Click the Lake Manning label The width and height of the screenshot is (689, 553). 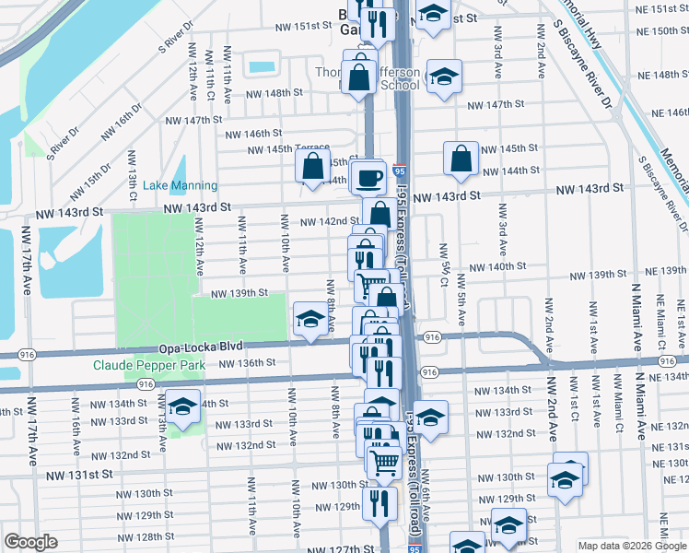pyautogui.click(x=181, y=185)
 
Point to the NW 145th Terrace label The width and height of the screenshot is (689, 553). pyautogui.click(x=289, y=149)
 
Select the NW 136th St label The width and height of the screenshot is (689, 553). pyautogui.click(x=246, y=363)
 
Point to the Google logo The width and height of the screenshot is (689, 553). pyautogui.click(x=30, y=543)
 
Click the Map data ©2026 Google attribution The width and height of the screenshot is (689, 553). pyautogui.click(x=632, y=546)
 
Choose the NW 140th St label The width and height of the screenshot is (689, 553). pyautogui.click(x=489, y=266)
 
